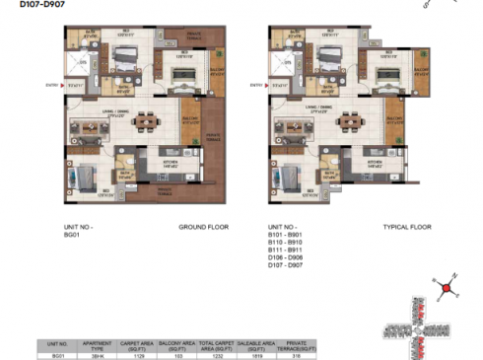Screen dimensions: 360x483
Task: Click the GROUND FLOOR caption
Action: (203, 227)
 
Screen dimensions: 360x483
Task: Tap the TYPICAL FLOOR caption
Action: (407, 227)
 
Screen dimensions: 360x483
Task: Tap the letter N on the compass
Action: (456, 277)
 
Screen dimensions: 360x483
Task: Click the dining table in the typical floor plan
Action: (350, 125)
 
